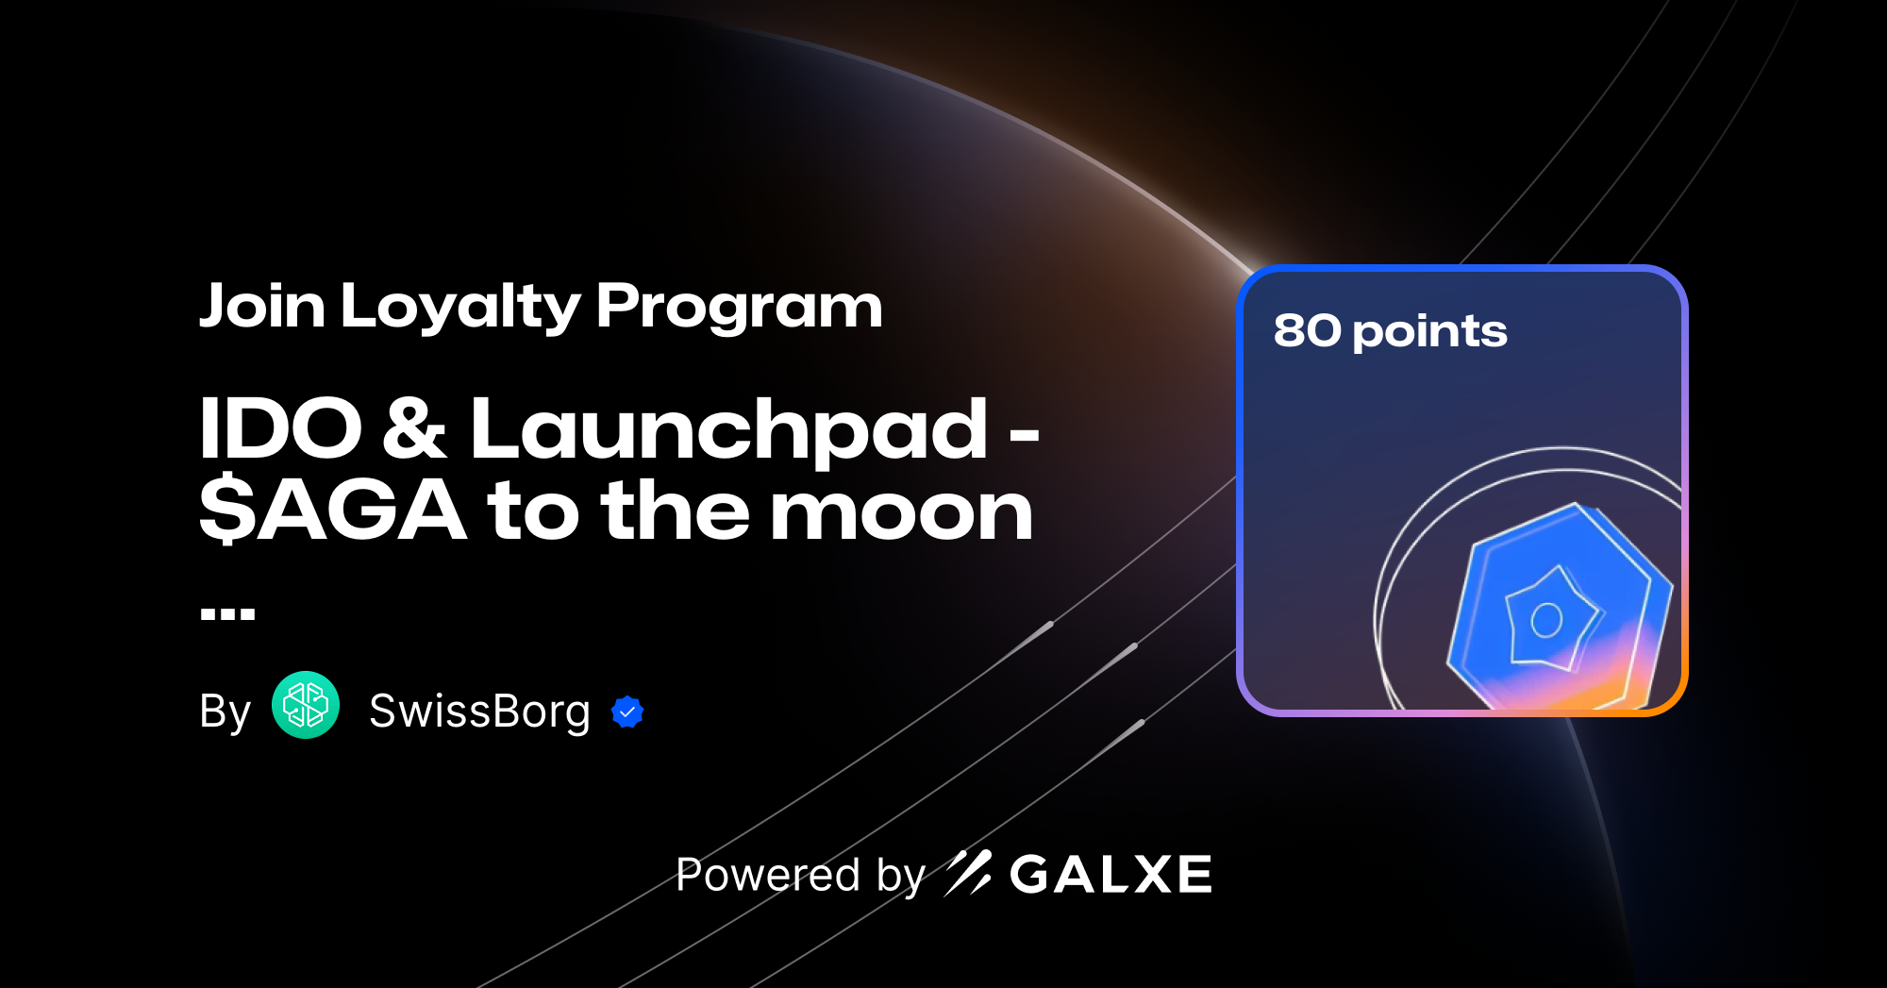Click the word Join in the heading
coord(262,307)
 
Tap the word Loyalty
coord(460,309)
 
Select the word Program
coord(739,309)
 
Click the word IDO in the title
coord(280,429)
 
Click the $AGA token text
coord(332,511)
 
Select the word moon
coord(901,512)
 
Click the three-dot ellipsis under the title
coord(227,614)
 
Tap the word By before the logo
coord(225,712)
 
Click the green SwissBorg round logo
coord(306,705)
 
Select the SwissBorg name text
coord(479,712)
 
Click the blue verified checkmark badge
coord(627,712)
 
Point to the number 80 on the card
coord(1307,331)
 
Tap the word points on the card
coord(1429,333)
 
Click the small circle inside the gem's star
coord(1546,620)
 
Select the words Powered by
coord(800,875)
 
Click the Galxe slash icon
coord(968,873)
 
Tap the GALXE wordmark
coord(1110,875)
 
